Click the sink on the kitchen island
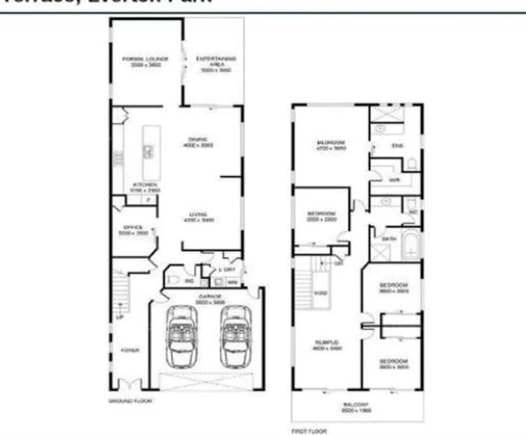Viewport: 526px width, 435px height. pyautogui.click(x=147, y=151)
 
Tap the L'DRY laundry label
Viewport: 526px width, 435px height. pyautogui.click(x=228, y=270)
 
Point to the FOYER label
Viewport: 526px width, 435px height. pyautogui.click(x=131, y=350)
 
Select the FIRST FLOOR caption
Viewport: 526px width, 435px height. pyautogui.click(x=309, y=432)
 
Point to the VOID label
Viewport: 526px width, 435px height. pyautogui.click(x=321, y=293)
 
